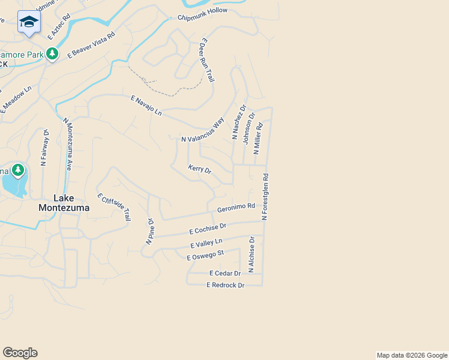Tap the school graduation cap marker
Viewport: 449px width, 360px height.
(x=29, y=22)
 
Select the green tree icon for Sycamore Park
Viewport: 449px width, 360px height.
(x=53, y=54)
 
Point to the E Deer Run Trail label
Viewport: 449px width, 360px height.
(x=206, y=60)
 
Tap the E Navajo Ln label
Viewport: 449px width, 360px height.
(x=146, y=105)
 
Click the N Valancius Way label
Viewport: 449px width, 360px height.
(x=203, y=130)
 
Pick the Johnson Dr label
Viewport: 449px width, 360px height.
(x=249, y=128)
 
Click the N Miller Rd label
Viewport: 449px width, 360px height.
(x=259, y=139)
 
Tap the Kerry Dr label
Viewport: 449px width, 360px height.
(x=200, y=170)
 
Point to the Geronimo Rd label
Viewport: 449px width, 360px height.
(x=236, y=207)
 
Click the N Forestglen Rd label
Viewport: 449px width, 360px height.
(x=265, y=197)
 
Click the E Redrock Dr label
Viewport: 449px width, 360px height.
(x=225, y=285)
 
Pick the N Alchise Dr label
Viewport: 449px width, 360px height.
(x=252, y=254)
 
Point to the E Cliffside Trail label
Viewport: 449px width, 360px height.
(x=113, y=207)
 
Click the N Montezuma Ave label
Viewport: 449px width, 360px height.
(x=68, y=144)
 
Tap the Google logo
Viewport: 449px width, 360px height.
(x=20, y=352)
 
